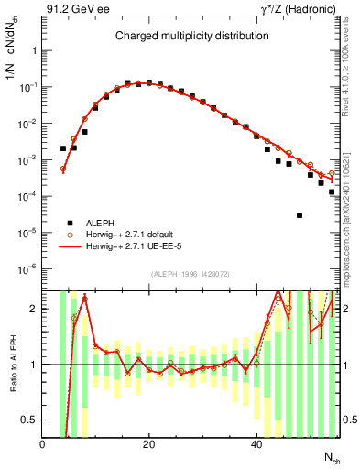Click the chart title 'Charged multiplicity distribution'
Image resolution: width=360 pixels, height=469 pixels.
pyautogui.click(x=191, y=36)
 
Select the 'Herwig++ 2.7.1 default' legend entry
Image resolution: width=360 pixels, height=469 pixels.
pyautogui.click(x=136, y=234)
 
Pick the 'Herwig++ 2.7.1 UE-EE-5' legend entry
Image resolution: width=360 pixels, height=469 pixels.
pyautogui.click(x=138, y=247)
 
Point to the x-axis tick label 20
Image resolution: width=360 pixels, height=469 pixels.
pyautogui.click(x=149, y=443)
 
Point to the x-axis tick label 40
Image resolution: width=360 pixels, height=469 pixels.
pyautogui.click(x=256, y=443)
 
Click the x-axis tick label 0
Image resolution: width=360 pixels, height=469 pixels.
pyautogui.click(x=42, y=443)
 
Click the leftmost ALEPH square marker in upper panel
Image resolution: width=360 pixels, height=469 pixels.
pyautogui.click(x=63, y=147)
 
